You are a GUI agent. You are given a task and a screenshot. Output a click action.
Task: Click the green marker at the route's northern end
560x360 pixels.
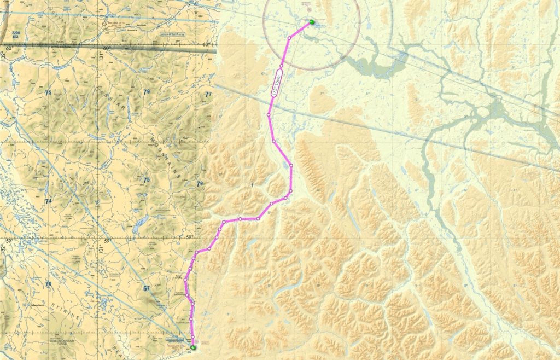[312, 22]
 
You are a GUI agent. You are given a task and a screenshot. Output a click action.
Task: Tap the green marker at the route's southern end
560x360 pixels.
[193, 347]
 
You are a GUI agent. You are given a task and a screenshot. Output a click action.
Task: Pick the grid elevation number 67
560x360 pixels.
[147, 288]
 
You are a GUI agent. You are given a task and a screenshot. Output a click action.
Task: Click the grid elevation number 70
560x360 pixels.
[48, 284]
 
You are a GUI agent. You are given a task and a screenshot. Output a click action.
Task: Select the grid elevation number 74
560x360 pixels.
[48, 201]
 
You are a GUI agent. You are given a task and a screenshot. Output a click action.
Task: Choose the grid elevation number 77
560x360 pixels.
[208, 94]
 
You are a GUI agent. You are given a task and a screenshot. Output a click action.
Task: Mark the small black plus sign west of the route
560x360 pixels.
[253, 185]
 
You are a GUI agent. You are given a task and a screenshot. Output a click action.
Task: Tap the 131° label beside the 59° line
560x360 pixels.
[101, 249]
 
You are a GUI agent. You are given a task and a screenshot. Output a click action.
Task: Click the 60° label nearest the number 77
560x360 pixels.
[206, 44]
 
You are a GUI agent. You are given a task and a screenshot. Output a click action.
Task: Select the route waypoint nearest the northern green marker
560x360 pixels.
[289, 38]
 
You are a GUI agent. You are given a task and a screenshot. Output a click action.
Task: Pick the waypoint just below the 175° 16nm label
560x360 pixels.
[269, 115]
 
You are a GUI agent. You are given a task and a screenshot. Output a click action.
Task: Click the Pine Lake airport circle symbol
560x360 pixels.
[104, 24]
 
